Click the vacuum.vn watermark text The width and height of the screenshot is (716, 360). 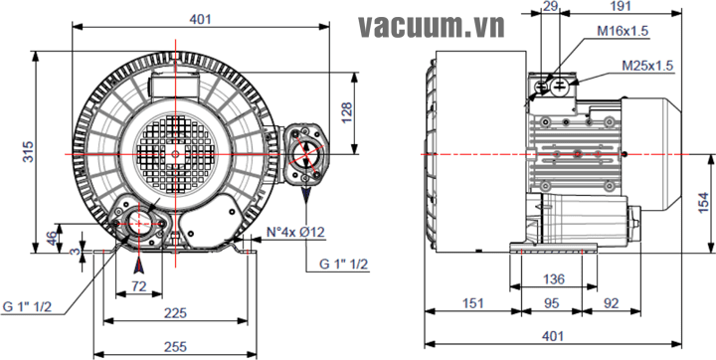point(432,27)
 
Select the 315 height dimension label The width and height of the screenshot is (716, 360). point(28,152)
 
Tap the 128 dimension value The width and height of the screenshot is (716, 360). point(347,112)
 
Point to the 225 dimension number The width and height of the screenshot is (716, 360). point(176,313)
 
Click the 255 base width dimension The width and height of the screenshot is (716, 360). point(176,346)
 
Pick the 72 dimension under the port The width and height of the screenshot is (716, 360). point(139,286)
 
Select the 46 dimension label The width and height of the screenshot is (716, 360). point(53,238)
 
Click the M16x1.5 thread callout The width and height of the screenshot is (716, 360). point(623,31)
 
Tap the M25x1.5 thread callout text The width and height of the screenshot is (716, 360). point(648,66)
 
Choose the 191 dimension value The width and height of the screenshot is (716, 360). point(621,6)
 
